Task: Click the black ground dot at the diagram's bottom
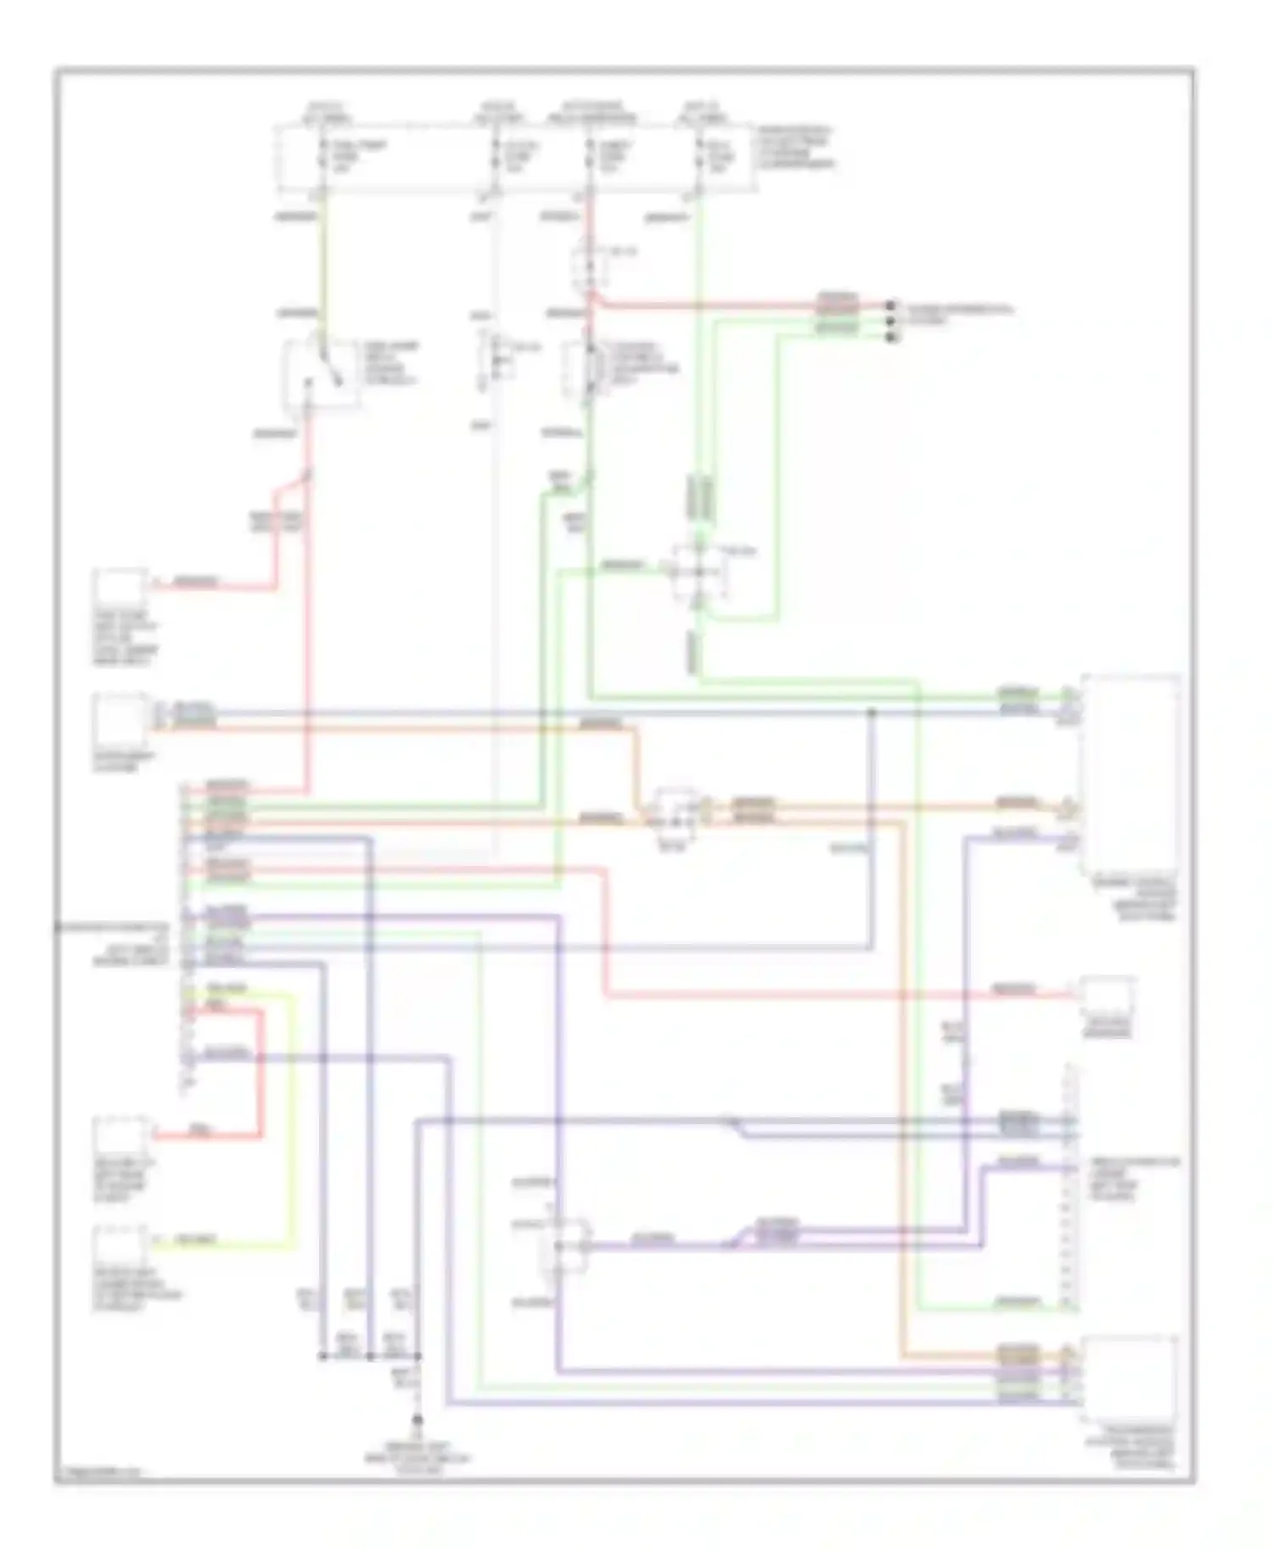click(x=417, y=1420)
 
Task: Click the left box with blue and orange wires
click(x=121, y=719)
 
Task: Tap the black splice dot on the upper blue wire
click(x=871, y=712)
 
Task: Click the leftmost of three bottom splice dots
click(x=322, y=1356)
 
